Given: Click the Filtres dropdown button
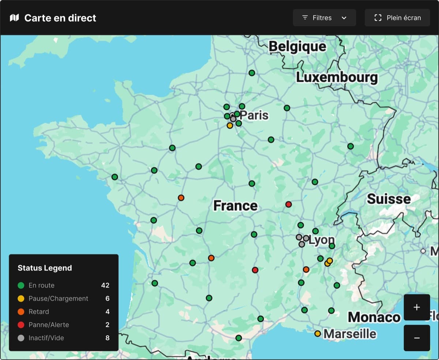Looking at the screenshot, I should click(x=324, y=18).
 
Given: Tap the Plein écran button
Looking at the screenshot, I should click(x=397, y=18).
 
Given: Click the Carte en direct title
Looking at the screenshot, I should click(x=60, y=18).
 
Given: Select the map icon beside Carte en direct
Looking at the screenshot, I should click(x=14, y=18).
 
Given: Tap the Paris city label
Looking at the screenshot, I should click(x=254, y=115).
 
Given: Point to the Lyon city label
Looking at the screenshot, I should click(x=321, y=240).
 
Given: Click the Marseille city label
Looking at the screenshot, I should click(x=350, y=334).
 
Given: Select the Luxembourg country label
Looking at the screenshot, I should click(x=337, y=77).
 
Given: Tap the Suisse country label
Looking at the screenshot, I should click(x=389, y=199).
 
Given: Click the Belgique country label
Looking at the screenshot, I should click(x=297, y=46).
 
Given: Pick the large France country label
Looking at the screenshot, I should click(x=235, y=206).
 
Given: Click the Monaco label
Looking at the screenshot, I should click(x=374, y=317).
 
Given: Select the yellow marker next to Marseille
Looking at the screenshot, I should click(x=318, y=334).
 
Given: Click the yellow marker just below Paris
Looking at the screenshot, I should click(x=230, y=125).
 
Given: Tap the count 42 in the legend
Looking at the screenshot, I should click(x=105, y=285).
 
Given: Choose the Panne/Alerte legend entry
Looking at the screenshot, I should click(x=49, y=325).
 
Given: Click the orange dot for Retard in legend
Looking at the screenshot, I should click(x=21, y=312).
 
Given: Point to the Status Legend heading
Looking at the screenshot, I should click(x=45, y=268).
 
